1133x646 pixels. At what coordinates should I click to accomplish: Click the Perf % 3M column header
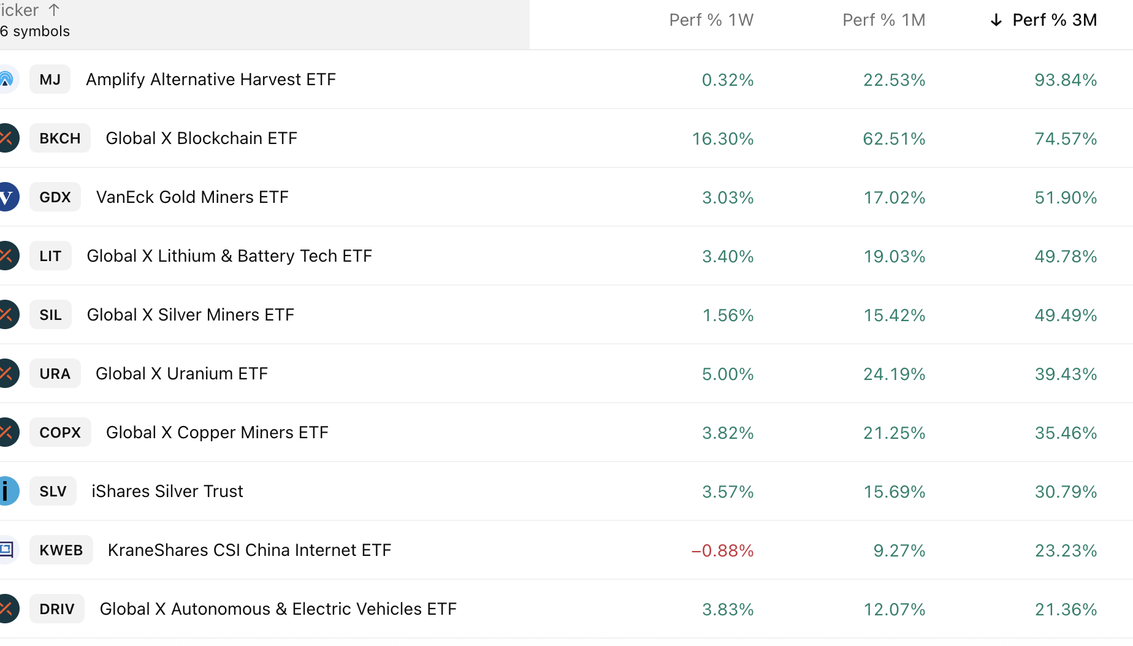tap(1054, 20)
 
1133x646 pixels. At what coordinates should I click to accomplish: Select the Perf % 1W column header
tap(711, 20)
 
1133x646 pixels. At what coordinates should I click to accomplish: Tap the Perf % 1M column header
tap(883, 20)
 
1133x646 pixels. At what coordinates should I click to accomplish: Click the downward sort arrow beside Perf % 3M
tap(996, 20)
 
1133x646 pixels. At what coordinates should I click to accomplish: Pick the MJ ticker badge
tap(50, 80)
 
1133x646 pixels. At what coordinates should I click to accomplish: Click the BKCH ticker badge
tap(59, 139)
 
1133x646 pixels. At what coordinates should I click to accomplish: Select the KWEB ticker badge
tap(61, 550)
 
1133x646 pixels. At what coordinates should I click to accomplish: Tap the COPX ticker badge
tap(60, 433)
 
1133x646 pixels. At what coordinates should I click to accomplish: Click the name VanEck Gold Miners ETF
tap(192, 197)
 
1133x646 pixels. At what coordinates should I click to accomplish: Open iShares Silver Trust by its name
tap(167, 492)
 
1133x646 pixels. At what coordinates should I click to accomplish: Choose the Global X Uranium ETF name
tap(181, 374)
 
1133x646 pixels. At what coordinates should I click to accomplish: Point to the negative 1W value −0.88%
tap(722, 550)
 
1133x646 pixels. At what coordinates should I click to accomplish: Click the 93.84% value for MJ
tap(1066, 80)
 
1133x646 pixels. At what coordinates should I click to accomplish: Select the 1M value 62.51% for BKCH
tap(894, 139)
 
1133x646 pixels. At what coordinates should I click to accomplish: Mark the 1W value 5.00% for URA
tap(728, 374)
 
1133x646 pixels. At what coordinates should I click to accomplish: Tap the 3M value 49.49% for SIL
tap(1066, 315)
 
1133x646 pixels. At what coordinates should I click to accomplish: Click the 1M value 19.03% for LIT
tap(894, 256)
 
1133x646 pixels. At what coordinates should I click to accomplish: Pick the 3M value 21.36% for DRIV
tap(1066, 609)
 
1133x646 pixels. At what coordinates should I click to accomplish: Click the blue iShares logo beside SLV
tap(7, 492)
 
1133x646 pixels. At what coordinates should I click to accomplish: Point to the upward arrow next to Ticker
tap(54, 10)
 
